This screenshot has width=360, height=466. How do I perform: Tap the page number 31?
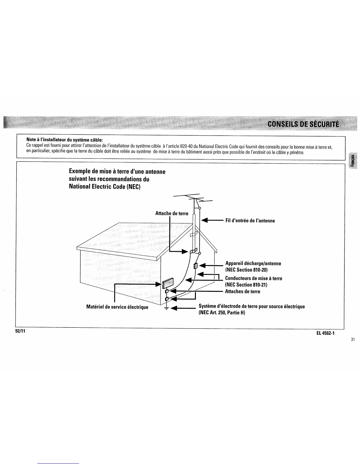click(353, 339)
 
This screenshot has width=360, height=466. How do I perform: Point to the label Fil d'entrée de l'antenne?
click(250, 221)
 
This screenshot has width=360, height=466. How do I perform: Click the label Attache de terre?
click(172, 213)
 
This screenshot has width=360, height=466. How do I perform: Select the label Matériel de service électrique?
click(117, 307)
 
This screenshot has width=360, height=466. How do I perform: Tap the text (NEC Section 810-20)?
click(246, 270)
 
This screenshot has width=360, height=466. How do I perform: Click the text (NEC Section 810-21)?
click(246, 284)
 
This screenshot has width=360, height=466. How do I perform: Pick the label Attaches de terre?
click(243, 292)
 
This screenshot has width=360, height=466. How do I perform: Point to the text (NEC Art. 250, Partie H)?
click(222, 312)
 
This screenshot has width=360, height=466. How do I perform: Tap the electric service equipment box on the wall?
click(168, 284)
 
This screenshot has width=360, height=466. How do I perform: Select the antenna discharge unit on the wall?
click(196, 266)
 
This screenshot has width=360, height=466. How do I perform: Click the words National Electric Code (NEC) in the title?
click(105, 187)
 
